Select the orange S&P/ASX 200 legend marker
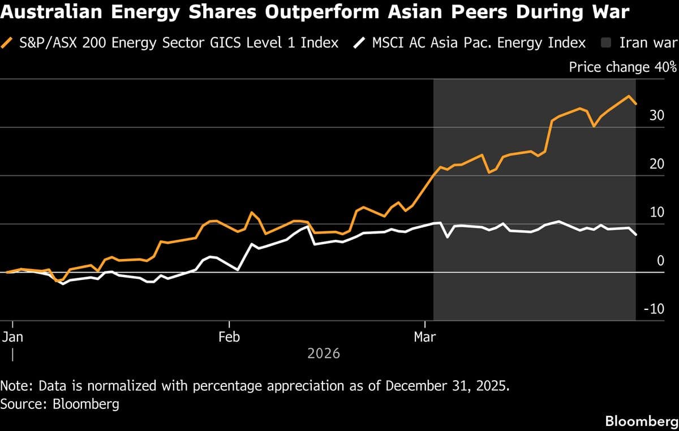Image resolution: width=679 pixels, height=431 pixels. click(8, 42)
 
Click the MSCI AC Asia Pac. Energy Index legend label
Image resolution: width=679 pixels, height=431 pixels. click(478, 42)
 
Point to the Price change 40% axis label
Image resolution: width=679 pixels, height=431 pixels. click(622, 67)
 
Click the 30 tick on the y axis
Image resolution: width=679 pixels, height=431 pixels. click(656, 115)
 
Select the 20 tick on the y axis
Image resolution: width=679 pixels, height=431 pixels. click(656, 164)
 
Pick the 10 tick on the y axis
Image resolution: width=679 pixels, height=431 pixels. click(656, 212)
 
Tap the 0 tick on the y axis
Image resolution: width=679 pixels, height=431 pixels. click(660, 261)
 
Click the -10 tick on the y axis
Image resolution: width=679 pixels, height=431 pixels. click(654, 309)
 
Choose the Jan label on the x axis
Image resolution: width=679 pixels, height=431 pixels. click(12, 337)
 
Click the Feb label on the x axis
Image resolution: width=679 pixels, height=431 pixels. click(229, 337)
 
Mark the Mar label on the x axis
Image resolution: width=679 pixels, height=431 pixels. click(424, 337)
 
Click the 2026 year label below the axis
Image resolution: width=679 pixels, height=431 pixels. click(324, 354)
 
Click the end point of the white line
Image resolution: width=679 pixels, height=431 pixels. click(636, 235)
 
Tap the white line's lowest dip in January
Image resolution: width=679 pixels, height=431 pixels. click(62, 283)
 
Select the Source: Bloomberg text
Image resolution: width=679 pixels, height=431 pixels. click(60, 404)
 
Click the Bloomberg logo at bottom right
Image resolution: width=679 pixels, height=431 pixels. click(641, 421)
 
